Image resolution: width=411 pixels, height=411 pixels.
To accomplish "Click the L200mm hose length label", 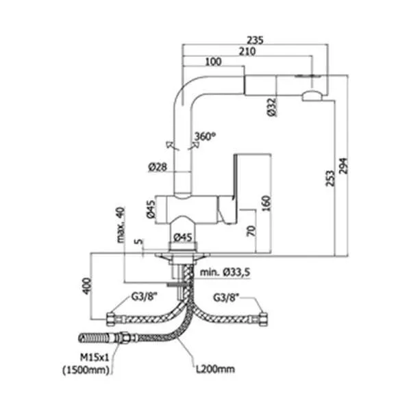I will click(216, 369).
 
